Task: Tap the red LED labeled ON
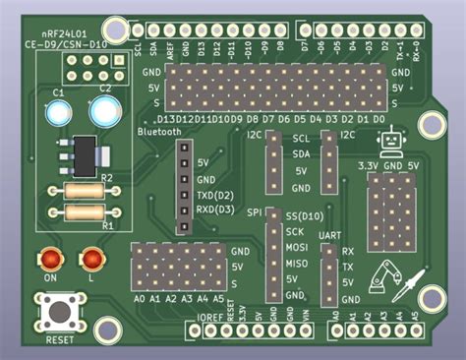point(49,260)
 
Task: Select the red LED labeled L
point(92,260)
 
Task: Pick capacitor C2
point(103,111)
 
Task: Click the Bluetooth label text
point(160,131)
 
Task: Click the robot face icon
point(394,143)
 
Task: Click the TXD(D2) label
point(214,195)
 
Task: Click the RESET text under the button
point(59,339)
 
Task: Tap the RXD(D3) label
point(214,210)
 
